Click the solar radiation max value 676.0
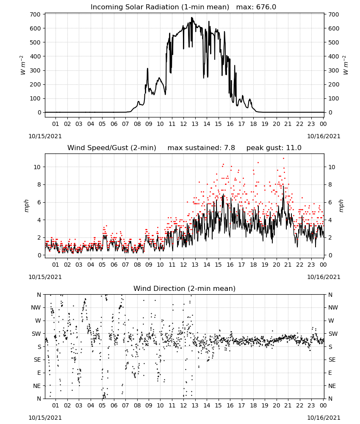click(266, 7)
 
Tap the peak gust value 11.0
click(293, 148)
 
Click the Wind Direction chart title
click(185, 288)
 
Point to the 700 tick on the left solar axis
click(36, 14)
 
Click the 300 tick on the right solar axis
click(334, 70)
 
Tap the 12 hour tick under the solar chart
click(183, 124)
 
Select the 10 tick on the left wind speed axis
click(37, 167)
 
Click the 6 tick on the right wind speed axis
click(330, 202)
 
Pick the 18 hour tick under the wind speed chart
click(253, 265)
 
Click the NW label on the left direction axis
click(36, 307)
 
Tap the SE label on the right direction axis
click(332, 360)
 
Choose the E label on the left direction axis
click(39, 373)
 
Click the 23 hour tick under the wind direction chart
click(311, 405)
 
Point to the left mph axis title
click(26, 206)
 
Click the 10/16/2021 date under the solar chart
click(324, 136)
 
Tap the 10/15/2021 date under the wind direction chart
click(45, 418)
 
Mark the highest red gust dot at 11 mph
click(284, 159)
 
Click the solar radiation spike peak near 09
click(147, 69)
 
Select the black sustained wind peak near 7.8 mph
click(283, 187)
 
